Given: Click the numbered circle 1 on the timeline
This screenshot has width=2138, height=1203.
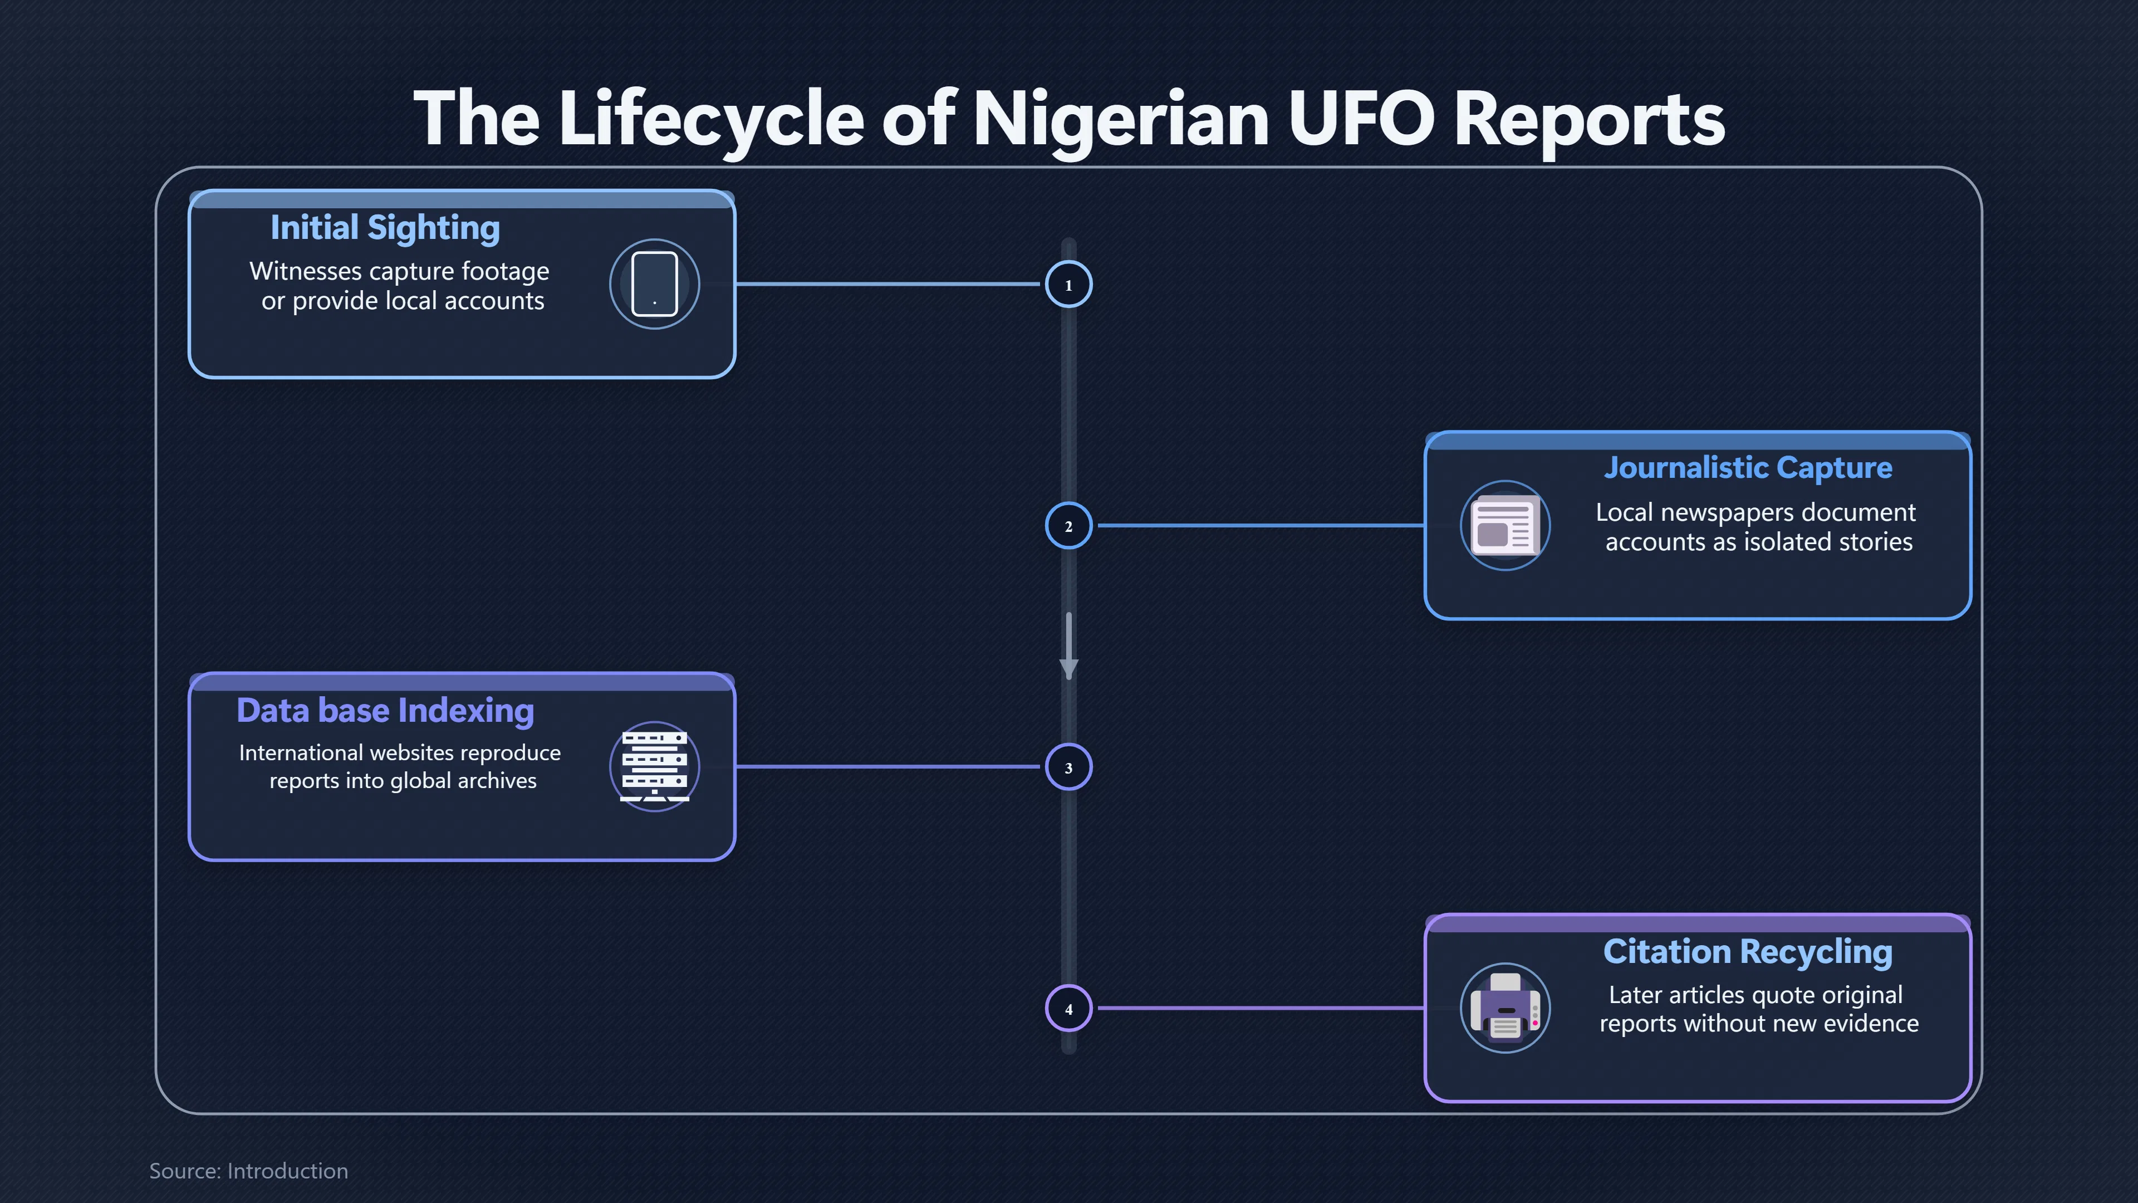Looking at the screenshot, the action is (x=1068, y=285).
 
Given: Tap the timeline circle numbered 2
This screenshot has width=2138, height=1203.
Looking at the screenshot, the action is (x=1068, y=526).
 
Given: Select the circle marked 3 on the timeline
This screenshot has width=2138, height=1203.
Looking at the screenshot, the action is (x=1068, y=767).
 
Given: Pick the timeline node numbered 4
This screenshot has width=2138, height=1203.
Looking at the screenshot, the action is (x=1068, y=1008).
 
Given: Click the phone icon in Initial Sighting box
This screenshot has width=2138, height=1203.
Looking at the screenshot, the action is (x=655, y=284).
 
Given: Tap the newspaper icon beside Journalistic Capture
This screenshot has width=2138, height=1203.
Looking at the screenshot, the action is (x=1505, y=526).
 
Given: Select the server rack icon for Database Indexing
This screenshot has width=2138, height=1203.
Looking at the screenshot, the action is (x=655, y=765).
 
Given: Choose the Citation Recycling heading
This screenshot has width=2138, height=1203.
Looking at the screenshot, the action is (x=1748, y=951).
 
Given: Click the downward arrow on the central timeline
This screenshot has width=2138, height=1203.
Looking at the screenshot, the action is (x=1068, y=646).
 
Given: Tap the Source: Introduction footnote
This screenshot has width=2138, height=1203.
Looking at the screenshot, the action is (x=248, y=1171).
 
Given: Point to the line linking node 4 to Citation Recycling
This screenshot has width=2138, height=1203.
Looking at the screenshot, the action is (x=1261, y=1008).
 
